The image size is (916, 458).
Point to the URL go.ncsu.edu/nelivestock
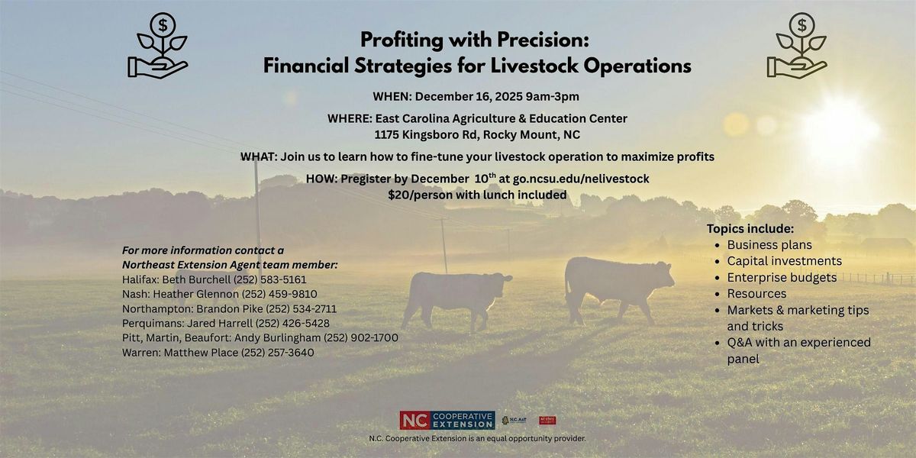(581, 179)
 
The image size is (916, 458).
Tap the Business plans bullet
(769, 245)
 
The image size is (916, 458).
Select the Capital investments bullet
(784, 261)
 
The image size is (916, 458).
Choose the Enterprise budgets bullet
(782, 277)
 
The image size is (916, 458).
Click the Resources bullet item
(756, 293)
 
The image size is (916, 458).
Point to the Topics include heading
(750, 229)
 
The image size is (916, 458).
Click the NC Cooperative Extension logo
(447, 420)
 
